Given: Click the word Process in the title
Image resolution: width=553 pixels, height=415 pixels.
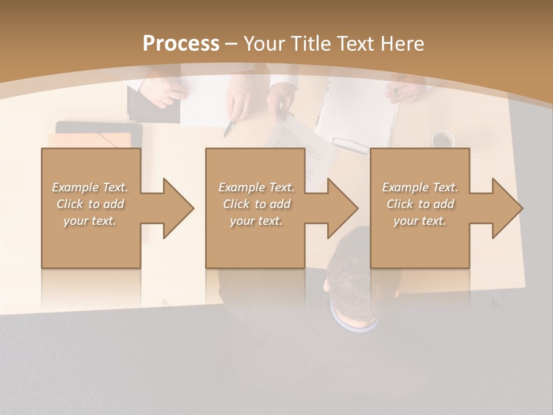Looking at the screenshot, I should (x=181, y=43).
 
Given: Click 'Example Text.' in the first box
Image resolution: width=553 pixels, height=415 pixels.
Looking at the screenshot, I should (x=90, y=187).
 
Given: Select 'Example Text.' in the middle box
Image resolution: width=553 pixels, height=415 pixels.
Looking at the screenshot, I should (x=256, y=187).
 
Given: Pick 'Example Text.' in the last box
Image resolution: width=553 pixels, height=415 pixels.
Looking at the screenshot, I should (x=420, y=187).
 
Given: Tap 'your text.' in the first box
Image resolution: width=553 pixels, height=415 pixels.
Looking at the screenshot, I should (x=90, y=221).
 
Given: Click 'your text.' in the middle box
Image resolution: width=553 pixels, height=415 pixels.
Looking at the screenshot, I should (x=256, y=221).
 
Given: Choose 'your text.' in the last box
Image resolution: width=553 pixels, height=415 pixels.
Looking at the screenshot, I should (x=420, y=221).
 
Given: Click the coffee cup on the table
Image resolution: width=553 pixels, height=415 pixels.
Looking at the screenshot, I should (x=442, y=139).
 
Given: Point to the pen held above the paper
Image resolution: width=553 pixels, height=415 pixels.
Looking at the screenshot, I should (x=229, y=128).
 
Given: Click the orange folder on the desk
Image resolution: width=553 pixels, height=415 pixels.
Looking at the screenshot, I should (x=92, y=141).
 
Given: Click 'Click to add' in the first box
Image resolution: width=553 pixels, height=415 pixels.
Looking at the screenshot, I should (x=90, y=204).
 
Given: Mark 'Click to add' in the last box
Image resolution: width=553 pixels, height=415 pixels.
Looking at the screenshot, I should (x=420, y=204).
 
